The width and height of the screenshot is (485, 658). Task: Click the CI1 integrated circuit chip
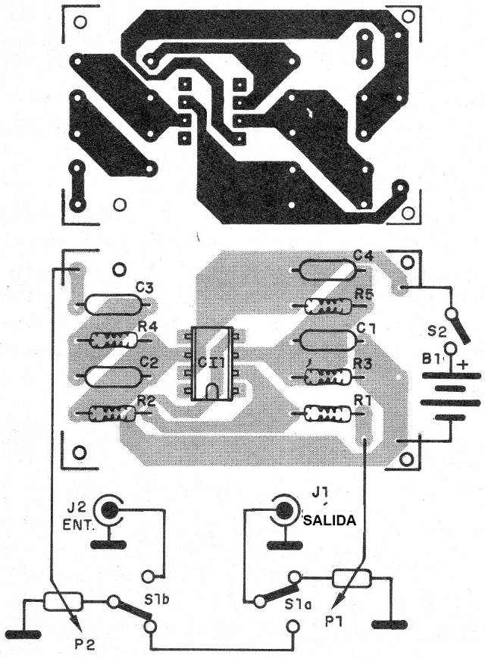point(210,363)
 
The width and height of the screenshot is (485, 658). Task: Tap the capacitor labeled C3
point(114,304)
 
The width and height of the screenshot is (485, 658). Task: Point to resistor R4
point(114,340)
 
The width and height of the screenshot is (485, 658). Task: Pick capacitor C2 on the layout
point(112,377)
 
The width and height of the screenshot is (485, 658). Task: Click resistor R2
point(112,414)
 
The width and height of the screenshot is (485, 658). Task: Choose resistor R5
point(328,306)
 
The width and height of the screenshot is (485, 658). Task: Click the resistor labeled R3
point(327,377)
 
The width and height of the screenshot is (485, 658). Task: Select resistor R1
point(327,414)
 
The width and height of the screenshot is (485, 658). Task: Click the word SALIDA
point(330,520)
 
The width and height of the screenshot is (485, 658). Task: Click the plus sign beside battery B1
point(463,364)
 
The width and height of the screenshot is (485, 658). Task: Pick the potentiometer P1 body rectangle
point(352,579)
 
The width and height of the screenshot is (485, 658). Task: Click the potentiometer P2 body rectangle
point(62,602)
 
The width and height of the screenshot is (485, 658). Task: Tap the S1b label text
point(156,600)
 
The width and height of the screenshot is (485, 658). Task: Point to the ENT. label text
point(79,525)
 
